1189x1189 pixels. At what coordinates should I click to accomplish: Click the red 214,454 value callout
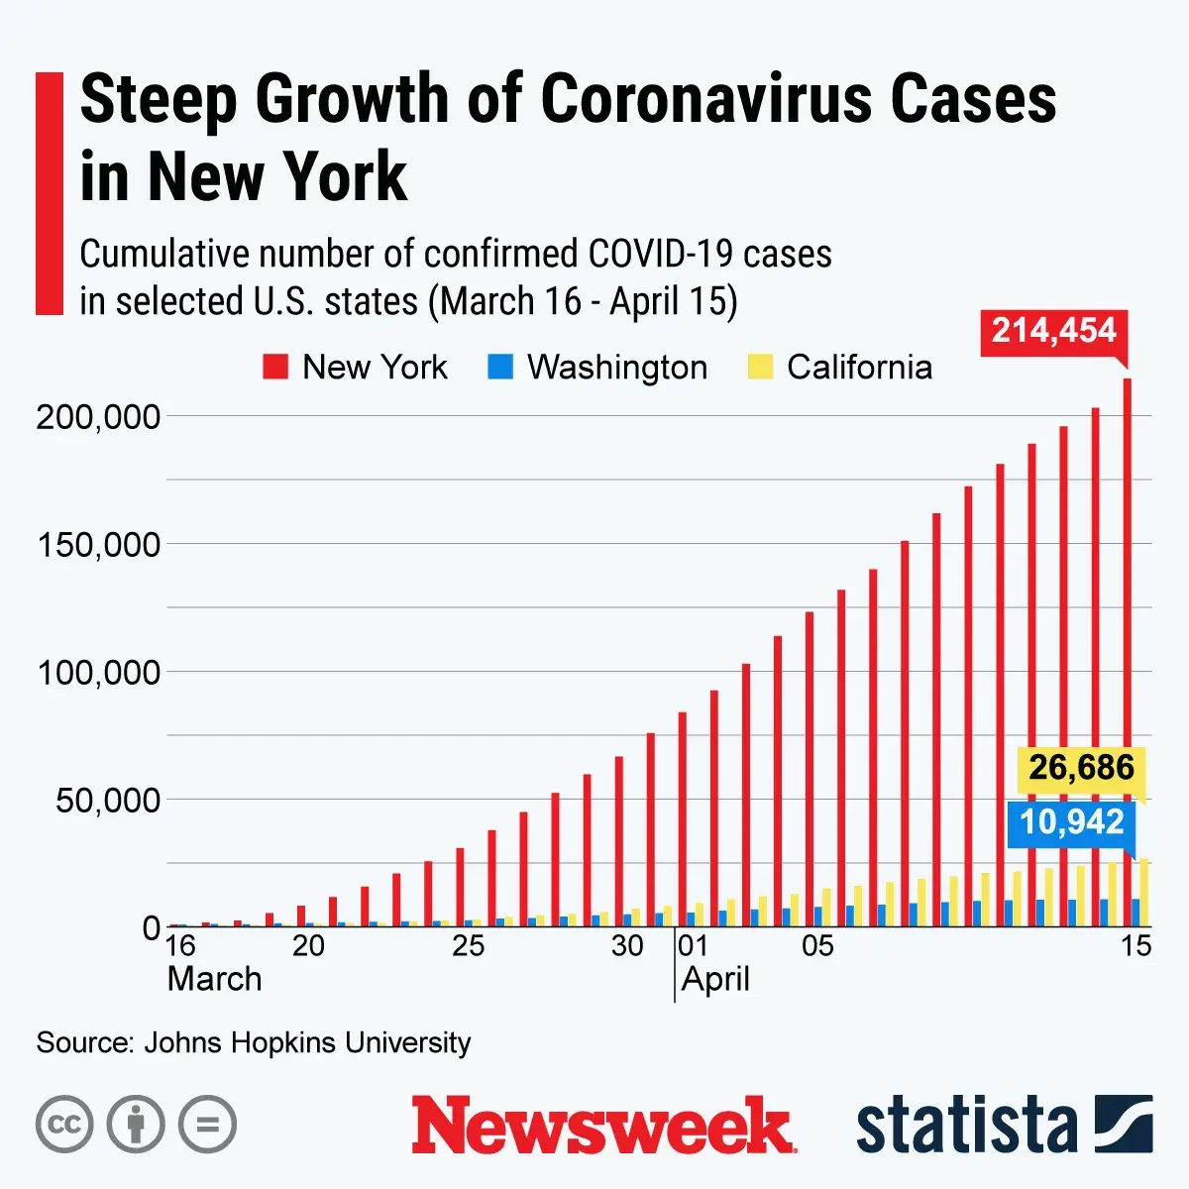[x=1054, y=331]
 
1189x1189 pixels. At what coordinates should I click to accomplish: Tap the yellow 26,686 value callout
[x=1081, y=768]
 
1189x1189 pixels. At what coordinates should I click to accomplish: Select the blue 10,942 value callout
[x=1072, y=822]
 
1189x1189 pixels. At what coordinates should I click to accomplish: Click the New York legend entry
[x=356, y=368]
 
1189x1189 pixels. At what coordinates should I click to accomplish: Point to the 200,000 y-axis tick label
[x=98, y=417]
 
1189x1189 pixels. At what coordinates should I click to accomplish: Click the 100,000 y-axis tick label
[x=98, y=673]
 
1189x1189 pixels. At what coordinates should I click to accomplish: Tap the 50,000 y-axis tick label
[x=107, y=801]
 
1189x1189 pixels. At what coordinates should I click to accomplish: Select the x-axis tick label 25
[x=468, y=946]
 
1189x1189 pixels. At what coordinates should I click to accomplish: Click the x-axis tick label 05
[x=817, y=946]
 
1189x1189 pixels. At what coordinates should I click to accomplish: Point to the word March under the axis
[x=215, y=980]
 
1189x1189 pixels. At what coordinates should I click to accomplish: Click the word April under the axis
[x=715, y=980]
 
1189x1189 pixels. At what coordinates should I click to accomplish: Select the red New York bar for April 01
[x=682, y=818]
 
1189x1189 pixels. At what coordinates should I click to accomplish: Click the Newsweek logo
[x=603, y=1126]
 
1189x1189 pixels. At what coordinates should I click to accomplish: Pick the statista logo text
[x=966, y=1126]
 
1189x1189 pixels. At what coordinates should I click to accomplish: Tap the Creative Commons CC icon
[x=64, y=1125]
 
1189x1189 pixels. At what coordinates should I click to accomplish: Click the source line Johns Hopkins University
[x=254, y=1042]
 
